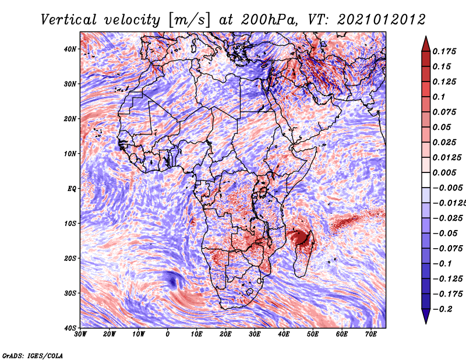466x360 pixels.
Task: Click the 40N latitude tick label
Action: [70, 49]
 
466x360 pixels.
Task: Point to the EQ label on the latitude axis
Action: [72, 189]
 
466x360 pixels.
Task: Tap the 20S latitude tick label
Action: [70, 258]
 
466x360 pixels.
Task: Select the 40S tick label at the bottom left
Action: [70, 328]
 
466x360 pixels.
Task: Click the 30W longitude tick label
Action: [80, 334]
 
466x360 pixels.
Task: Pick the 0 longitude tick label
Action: [168, 334]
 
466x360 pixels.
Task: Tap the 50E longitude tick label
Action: [313, 334]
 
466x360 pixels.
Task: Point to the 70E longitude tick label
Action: [371, 334]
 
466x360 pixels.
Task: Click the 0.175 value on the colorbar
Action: [444, 52]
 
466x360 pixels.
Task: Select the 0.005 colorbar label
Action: [444, 172]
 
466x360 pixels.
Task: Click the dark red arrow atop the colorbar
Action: [426, 44]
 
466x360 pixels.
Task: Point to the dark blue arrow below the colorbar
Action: [426, 316]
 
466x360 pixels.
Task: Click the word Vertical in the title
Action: [68, 20]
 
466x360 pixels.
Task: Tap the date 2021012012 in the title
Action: [382, 20]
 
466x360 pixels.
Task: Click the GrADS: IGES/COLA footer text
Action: [33, 356]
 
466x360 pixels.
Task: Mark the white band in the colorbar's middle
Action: [426, 180]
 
